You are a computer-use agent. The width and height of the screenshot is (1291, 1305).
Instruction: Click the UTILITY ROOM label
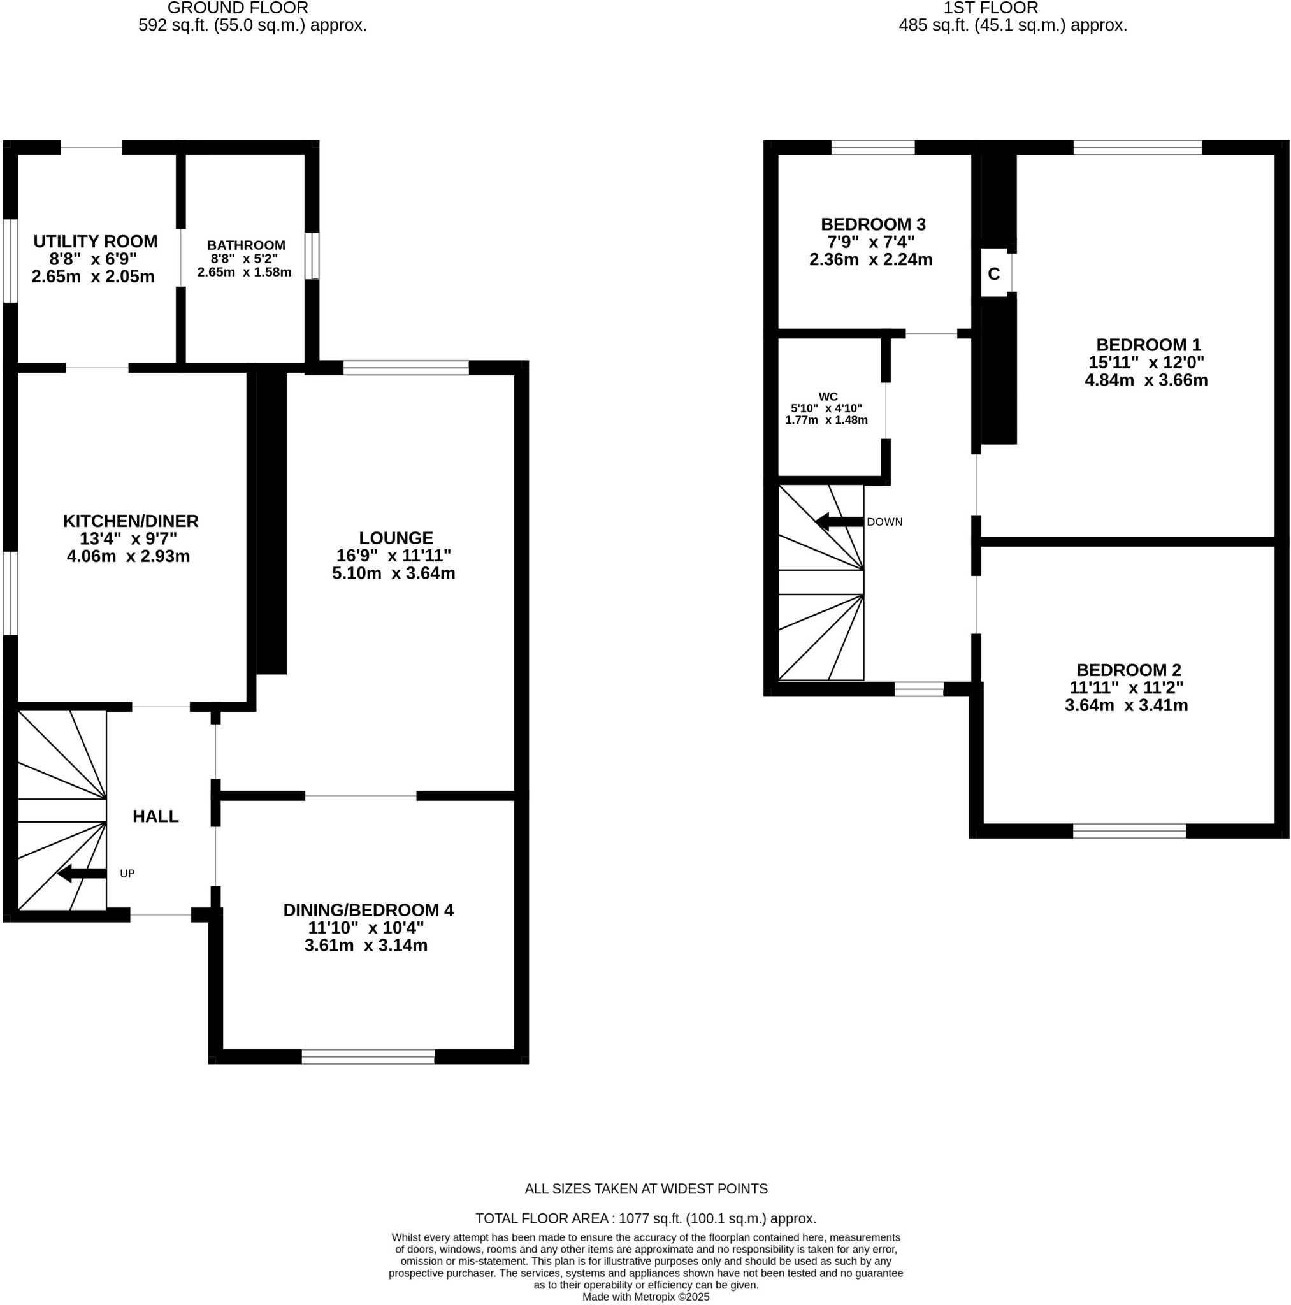[x=95, y=241]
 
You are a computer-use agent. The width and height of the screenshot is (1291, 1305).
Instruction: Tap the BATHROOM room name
[x=246, y=245]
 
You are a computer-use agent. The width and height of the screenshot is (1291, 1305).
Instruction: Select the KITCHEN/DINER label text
[x=131, y=521]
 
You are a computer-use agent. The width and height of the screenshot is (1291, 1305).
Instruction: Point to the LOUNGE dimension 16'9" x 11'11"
[x=394, y=555]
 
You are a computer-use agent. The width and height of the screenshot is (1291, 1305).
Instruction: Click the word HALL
[x=155, y=816]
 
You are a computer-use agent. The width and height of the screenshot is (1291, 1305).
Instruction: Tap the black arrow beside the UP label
[x=82, y=874]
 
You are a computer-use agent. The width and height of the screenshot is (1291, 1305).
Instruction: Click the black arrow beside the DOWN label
[x=839, y=521]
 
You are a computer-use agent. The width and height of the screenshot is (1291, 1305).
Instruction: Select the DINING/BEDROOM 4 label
[x=368, y=910]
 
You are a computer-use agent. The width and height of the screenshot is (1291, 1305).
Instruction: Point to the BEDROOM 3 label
[x=873, y=224]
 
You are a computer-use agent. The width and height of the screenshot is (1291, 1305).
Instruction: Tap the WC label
[x=828, y=396]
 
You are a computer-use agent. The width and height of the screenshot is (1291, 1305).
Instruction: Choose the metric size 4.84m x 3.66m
[x=1146, y=380]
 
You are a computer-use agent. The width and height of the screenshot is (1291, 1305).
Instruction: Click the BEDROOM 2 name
[x=1128, y=670]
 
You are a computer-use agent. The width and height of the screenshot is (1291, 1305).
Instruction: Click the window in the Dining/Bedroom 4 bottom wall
[x=368, y=1057]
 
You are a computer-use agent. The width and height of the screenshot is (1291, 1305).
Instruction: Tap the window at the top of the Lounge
[x=405, y=368]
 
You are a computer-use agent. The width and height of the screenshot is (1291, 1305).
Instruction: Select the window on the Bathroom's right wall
[x=312, y=256]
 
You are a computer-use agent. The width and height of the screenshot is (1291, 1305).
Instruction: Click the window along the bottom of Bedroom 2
[x=1129, y=831]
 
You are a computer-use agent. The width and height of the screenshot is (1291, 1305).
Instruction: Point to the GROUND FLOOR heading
[x=238, y=8]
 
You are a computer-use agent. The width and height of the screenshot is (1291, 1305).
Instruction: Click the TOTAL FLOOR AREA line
[x=645, y=1218]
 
